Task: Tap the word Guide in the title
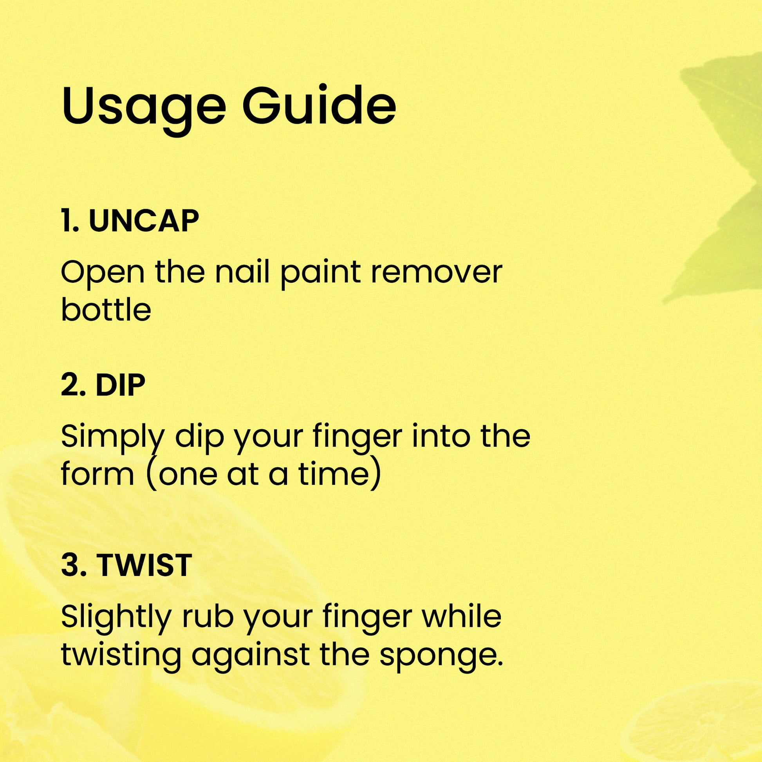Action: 319,105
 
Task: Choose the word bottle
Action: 106,310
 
